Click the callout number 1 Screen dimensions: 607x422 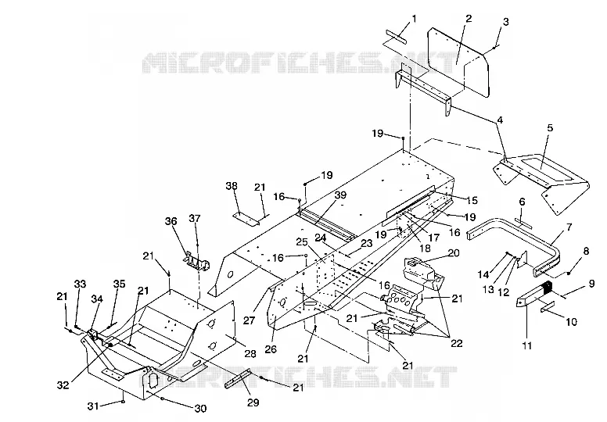click(415, 19)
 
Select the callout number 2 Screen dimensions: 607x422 click(469, 19)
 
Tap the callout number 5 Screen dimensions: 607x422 click(550, 127)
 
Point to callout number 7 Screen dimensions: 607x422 click(569, 227)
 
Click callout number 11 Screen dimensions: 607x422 click(527, 345)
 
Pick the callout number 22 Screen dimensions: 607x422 click(457, 343)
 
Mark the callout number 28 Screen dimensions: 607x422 click(250, 353)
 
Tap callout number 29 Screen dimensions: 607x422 click(253, 402)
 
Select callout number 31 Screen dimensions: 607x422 click(93, 406)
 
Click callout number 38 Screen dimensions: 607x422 click(232, 186)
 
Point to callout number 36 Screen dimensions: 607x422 click(171, 221)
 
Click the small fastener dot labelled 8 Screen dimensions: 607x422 click(569, 274)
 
